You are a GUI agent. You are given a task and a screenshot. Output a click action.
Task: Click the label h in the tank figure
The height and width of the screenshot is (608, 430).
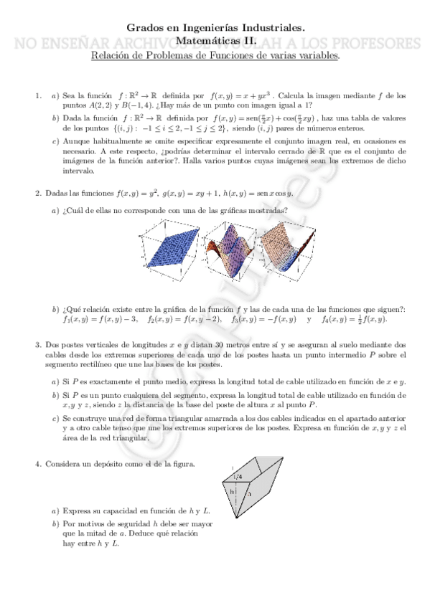tap(232, 492)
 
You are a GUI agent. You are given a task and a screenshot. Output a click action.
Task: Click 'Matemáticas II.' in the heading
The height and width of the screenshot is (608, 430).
tap(215, 42)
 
